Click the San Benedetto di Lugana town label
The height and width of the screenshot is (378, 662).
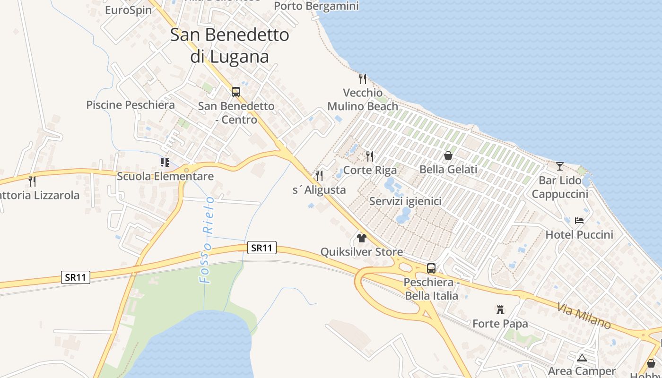[229, 45]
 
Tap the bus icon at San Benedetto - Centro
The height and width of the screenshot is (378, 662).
[236, 92]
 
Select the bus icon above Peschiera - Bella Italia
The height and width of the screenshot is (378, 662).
[431, 268]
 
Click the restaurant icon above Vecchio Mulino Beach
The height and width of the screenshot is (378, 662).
[363, 78]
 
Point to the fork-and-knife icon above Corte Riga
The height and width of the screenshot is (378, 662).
[370, 156]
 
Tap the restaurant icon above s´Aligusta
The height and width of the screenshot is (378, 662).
[319, 176]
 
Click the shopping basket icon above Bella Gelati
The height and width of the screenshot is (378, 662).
[448, 155]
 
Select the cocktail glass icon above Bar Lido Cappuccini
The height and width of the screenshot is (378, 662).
[560, 166]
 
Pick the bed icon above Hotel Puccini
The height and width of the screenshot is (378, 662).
[579, 220]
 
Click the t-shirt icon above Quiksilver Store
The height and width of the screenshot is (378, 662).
[362, 238]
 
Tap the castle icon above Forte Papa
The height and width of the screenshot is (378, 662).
[500, 310]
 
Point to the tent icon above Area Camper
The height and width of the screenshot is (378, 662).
[582, 358]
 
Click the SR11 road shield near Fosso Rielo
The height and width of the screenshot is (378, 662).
[261, 248]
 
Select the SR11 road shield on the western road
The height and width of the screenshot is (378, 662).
[76, 277]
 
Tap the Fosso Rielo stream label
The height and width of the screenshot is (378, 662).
[207, 240]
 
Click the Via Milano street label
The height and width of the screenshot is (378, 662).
[584, 316]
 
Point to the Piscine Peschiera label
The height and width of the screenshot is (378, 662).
[131, 105]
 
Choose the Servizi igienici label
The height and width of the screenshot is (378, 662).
[405, 201]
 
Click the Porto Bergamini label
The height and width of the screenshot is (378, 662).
[316, 6]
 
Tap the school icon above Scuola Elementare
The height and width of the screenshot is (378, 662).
[165, 163]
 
